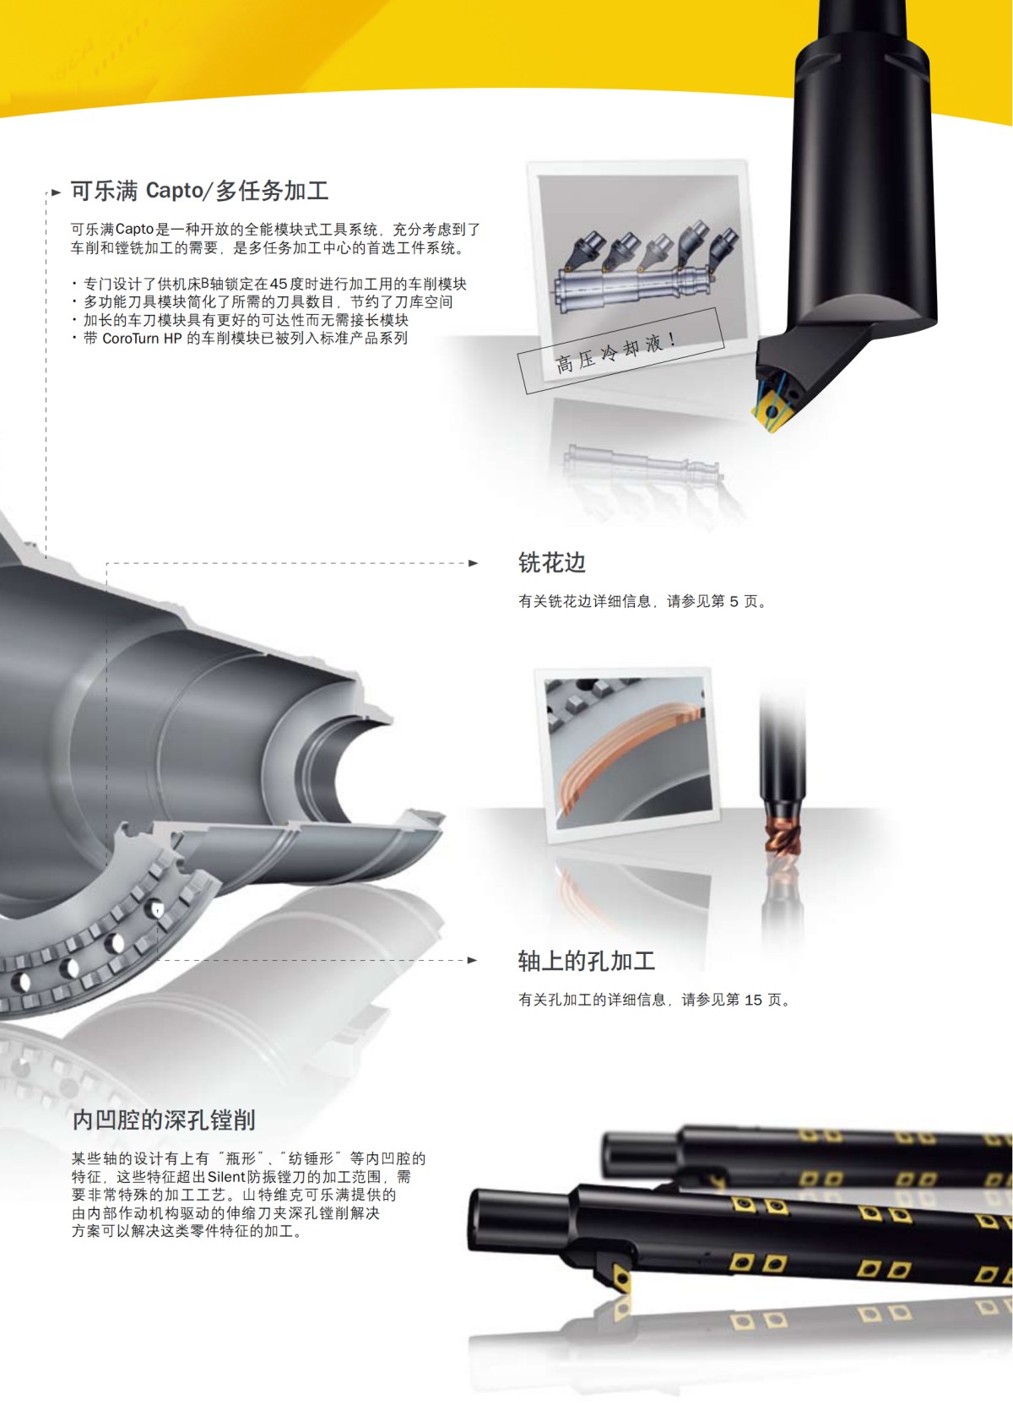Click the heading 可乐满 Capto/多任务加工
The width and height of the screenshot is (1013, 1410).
(x=199, y=191)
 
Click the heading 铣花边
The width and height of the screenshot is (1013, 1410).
(x=551, y=562)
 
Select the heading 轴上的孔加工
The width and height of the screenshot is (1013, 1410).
(x=586, y=961)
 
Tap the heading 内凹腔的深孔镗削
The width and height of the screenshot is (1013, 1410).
(x=164, y=1120)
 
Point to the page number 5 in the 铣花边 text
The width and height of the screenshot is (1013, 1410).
(x=734, y=602)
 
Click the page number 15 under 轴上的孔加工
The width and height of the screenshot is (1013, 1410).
(x=753, y=1001)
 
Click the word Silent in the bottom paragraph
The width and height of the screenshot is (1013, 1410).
(x=226, y=1177)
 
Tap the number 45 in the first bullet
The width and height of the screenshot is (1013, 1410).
(x=279, y=285)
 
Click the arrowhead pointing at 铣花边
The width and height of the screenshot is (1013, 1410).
(x=474, y=563)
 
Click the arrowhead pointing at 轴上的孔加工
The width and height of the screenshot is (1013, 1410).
(x=473, y=960)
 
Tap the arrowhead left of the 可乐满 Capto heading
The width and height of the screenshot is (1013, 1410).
(x=57, y=193)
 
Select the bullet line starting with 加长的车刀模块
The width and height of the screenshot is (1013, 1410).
(x=245, y=320)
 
